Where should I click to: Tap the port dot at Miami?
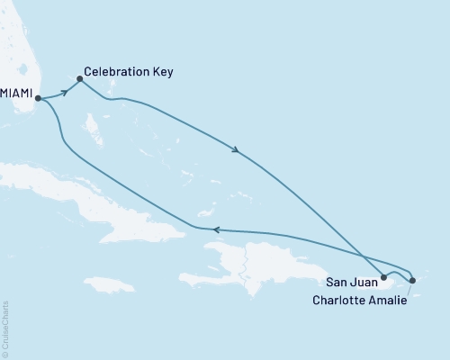tap(38, 100)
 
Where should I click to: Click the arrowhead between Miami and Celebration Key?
tap(65, 92)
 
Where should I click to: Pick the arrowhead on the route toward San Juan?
tap(236, 150)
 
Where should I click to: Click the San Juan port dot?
tap(384, 277)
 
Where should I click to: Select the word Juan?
tap(366, 279)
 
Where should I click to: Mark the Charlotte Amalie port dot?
tap(412, 282)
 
